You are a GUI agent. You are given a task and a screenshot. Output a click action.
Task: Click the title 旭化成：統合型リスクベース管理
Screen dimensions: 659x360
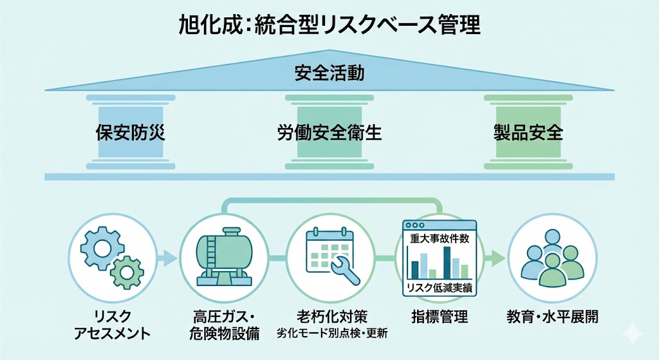(329, 25)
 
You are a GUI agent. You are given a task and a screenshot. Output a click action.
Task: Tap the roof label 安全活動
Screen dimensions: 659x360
(329, 73)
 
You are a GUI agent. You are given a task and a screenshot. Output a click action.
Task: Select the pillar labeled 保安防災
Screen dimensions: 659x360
(131, 132)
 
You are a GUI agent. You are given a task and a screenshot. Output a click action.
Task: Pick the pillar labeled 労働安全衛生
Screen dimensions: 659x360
(329, 132)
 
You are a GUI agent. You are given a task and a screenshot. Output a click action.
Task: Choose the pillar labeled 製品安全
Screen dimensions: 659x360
(528, 132)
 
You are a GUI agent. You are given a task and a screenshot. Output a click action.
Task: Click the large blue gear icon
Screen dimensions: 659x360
(102, 247)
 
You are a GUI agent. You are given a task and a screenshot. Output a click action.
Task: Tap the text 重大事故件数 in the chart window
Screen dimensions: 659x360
(440, 238)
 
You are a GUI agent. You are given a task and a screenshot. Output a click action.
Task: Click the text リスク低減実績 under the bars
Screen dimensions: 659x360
(440, 288)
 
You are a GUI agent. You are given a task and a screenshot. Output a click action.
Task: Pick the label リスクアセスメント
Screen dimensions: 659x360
(112, 325)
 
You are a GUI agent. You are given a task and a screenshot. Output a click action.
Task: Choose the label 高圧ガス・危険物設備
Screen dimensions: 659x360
(224, 325)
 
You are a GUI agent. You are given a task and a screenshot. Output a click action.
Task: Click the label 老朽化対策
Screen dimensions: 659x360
(332, 316)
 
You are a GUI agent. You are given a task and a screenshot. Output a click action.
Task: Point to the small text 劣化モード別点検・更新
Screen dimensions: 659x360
(332, 334)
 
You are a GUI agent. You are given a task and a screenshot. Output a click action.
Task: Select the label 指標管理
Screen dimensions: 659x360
(440, 316)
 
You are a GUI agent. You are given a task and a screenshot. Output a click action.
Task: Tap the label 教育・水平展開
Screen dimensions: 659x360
(552, 316)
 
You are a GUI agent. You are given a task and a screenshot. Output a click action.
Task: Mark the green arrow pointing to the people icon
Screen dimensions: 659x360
(496, 258)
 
